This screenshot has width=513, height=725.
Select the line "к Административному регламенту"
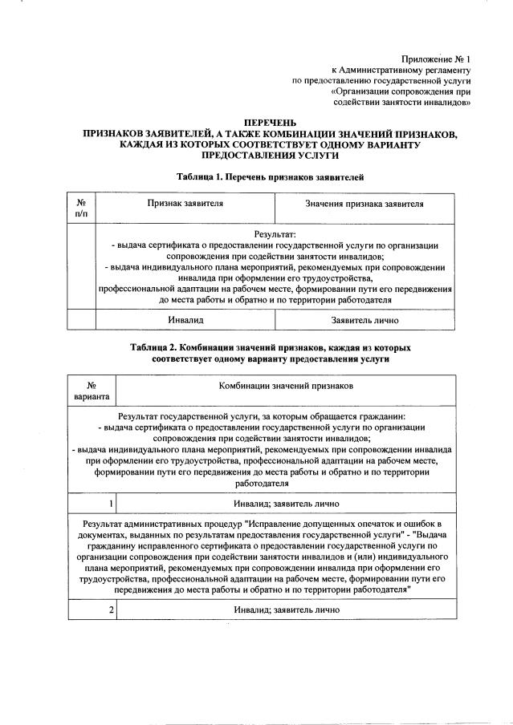(400, 70)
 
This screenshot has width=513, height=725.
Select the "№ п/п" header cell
(81, 208)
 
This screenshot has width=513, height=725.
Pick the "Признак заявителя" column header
(185, 205)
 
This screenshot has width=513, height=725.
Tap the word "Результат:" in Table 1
(274, 233)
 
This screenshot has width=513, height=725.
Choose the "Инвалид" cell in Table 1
(185, 319)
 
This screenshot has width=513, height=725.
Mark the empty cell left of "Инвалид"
(81, 319)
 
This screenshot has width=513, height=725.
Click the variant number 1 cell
(91, 504)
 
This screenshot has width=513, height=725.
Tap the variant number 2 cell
(91, 610)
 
